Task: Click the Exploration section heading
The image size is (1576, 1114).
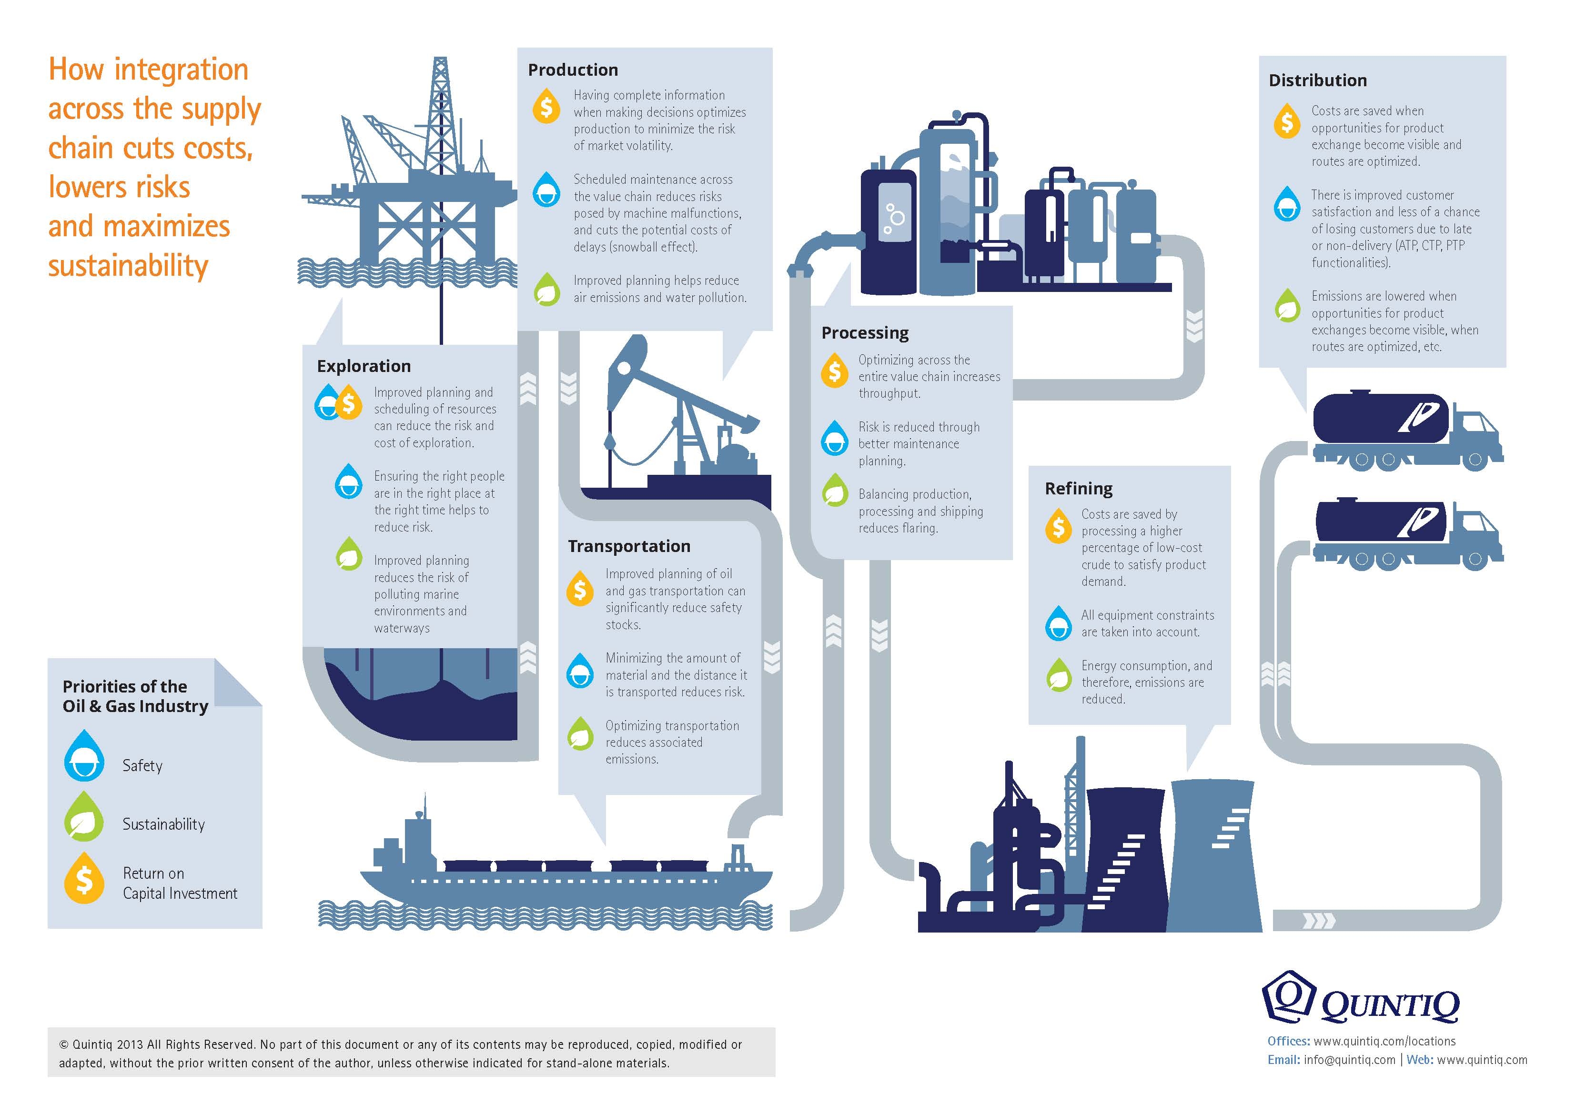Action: [364, 367]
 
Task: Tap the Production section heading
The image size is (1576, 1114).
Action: [573, 70]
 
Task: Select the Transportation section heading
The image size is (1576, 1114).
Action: [629, 546]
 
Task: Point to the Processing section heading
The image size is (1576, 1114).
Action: [865, 333]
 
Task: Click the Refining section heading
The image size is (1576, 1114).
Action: [1078, 489]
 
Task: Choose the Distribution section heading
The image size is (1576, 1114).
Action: [1317, 81]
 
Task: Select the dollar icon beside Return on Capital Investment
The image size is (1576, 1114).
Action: [84, 879]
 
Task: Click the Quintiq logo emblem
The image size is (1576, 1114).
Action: [1288, 997]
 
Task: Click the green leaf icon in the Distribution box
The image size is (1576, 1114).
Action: [1287, 306]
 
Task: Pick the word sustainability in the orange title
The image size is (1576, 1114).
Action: [128, 266]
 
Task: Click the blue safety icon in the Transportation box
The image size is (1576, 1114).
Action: [580, 671]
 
